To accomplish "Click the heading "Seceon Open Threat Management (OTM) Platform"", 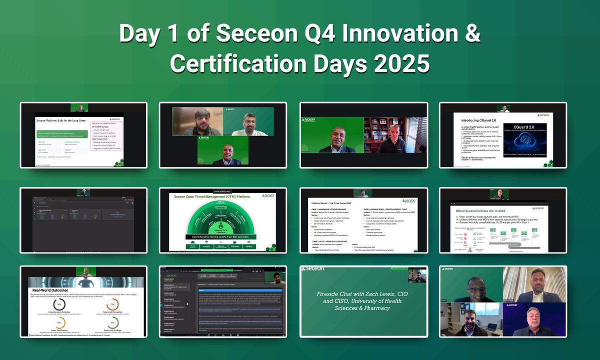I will point(210,196).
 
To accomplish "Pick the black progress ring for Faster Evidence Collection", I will point(59,304).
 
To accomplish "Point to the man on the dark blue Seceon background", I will point(534,322).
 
